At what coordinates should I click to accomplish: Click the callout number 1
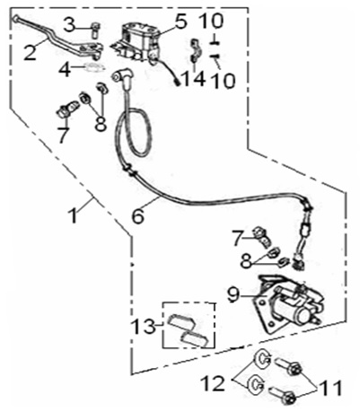pyautogui.click(x=73, y=215)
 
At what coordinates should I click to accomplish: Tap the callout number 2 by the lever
pyautogui.click(x=31, y=52)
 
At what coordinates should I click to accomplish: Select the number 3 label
pyautogui.click(x=70, y=25)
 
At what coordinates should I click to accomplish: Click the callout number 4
pyautogui.click(x=66, y=70)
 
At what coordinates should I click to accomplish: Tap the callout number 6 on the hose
pyautogui.click(x=138, y=215)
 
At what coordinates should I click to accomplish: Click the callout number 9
pyautogui.click(x=233, y=295)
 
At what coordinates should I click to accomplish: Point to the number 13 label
pyautogui.click(x=145, y=327)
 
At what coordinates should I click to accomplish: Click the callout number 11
pyautogui.click(x=330, y=388)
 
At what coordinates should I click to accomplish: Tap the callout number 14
pyautogui.click(x=194, y=79)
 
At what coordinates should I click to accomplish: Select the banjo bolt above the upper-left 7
pyautogui.click(x=67, y=109)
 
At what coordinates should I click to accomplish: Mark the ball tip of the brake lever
pyautogui.click(x=15, y=19)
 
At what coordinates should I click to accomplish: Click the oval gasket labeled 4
pyautogui.click(x=93, y=67)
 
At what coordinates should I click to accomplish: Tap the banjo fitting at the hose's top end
pyautogui.click(x=122, y=77)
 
